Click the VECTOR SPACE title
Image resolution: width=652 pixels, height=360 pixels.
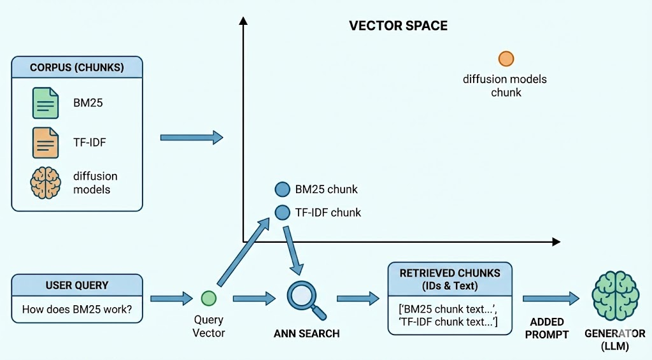click(398, 26)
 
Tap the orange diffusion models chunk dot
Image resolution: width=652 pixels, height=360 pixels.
click(506, 59)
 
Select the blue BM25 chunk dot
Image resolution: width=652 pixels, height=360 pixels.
click(282, 189)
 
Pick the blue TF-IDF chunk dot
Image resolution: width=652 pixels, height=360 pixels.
click(282, 212)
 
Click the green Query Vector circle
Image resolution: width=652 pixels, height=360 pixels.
click(208, 298)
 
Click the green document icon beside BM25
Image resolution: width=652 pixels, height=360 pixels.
click(45, 103)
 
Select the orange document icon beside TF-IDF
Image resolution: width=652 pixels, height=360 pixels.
click(45, 142)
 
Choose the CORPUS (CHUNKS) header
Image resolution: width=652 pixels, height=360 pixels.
click(77, 67)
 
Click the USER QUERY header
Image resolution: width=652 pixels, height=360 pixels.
click(77, 285)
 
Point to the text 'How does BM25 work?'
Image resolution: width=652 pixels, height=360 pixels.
click(77, 310)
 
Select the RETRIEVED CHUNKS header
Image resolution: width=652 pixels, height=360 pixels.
click(450, 279)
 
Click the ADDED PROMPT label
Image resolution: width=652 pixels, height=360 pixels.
click(547, 328)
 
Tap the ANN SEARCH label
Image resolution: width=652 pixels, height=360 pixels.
click(307, 333)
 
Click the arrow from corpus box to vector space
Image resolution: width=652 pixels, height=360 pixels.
click(191, 137)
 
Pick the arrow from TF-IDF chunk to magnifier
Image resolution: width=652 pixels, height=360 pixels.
click(294, 248)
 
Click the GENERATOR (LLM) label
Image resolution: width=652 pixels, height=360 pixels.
click(614, 340)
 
